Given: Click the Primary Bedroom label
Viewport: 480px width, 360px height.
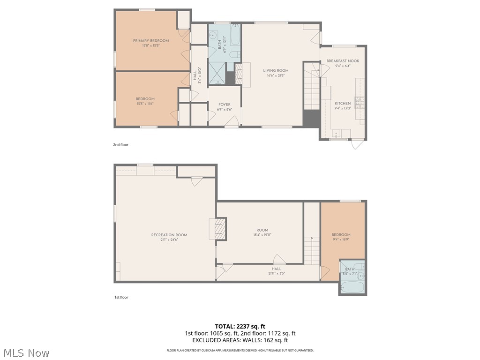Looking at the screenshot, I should (x=150, y=41).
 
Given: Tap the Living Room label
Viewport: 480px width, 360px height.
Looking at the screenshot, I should (x=276, y=71).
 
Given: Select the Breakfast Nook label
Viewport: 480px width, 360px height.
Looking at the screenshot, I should (x=343, y=61).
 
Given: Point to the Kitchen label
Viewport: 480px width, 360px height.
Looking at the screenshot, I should (x=342, y=103).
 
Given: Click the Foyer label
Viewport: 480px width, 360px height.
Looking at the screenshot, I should (x=224, y=105).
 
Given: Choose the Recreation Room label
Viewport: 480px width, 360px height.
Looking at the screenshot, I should (x=169, y=235).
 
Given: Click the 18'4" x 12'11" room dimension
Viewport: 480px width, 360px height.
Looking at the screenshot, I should (x=262, y=235).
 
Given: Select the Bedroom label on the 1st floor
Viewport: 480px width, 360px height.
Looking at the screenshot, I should (x=341, y=235).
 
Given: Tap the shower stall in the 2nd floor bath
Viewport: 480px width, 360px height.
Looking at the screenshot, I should (x=217, y=74).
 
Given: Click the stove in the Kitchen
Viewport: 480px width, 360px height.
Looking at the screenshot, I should (x=360, y=102).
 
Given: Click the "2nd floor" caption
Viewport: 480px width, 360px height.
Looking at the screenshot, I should (x=120, y=145).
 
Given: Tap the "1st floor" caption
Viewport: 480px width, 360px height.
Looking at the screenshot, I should (x=121, y=297).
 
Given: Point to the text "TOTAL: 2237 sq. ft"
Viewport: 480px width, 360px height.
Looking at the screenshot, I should (x=240, y=326).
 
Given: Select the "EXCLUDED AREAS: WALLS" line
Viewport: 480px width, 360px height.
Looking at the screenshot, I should (x=240, y=340).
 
